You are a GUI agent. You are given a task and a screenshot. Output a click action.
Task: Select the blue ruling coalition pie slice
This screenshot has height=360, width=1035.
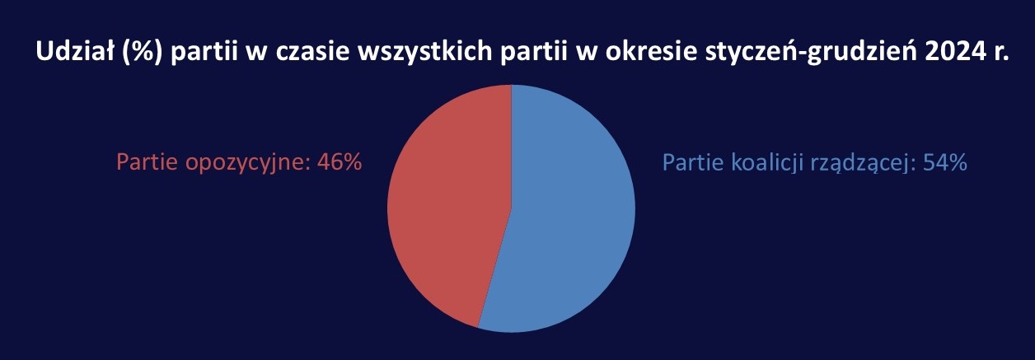coord(569,208)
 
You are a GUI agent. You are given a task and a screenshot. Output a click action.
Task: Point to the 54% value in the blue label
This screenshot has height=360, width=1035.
coord(945,162)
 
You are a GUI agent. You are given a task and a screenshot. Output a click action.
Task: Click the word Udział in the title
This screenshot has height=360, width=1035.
coord(74,51)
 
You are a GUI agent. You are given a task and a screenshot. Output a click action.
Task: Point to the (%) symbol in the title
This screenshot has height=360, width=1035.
coord(143,52)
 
